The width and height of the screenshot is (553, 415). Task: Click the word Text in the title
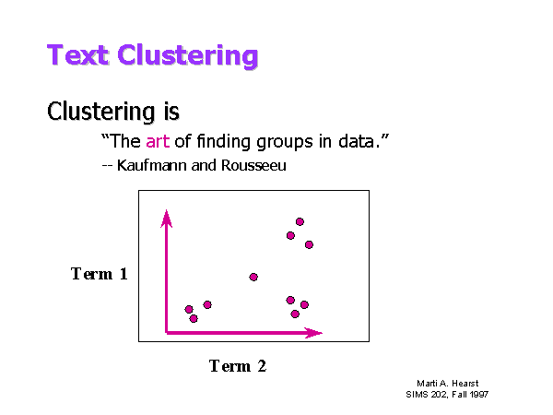(x=77, y=55)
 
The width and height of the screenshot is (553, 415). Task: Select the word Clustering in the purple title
(x=188, y=56)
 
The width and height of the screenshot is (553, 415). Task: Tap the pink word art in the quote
(x=158, y=141)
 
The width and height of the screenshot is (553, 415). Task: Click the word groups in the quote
(x=285, y=143)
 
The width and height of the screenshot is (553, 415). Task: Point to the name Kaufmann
(x=151, y=165)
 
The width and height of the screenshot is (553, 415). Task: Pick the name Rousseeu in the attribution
(x=253, y=165)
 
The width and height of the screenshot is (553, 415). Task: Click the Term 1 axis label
(x=100, y=274)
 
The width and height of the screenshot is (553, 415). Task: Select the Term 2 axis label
(x=238, y=366)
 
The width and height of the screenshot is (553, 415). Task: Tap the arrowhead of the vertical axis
(x=167, y=218)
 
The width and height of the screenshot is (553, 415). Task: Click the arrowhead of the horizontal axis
(x=313, y=333)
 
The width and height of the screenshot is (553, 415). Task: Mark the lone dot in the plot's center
(x=253, y=277)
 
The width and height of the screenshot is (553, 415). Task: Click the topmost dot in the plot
(x=300, y=221)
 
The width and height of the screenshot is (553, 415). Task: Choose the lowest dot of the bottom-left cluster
(x=194, y=319)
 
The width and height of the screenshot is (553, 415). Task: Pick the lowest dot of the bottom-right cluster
(x=295, y=314)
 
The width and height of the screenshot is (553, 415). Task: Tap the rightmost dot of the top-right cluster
(x=309, y=244)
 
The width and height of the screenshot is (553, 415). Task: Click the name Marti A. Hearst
(x=448, y=384)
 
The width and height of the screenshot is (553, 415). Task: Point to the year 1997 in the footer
(x=479, y=394)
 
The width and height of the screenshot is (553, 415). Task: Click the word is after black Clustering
(x=171, y=112)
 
